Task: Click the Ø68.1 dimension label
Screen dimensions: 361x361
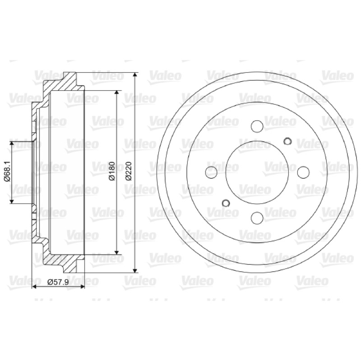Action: click(7, 171)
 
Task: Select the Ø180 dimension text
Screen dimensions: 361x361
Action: click(112, 171)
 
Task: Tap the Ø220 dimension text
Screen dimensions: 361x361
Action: click(129, 171)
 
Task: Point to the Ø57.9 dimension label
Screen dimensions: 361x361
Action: click(58, 282)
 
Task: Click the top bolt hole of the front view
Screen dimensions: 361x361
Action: click(257, 126)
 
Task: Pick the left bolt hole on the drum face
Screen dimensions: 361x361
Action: click(211, 172)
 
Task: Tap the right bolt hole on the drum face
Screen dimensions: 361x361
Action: click(303, 172)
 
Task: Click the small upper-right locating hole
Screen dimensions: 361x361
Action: click(287, 141)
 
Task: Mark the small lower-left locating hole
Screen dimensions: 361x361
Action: click(226, 203)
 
